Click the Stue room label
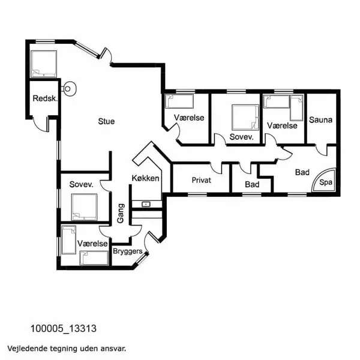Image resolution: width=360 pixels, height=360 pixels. pyautogui.click(x=106, y=121)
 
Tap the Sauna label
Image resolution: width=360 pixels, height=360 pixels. pyautogui.click(x=320, y=119)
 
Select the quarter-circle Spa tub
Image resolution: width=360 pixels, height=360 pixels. pyautogui.click(x=324, y=180)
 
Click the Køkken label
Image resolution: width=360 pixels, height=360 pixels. pyautogui.click(x=145, y=178)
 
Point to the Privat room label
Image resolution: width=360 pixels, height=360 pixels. pyautogui.click(x=202, y=180)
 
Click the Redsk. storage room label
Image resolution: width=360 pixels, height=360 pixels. pyautogui.click(x=45, y=98)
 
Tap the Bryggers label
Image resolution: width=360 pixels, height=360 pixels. pyautogui.click(x=128, y=251)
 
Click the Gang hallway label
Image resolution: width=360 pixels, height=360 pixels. pyautogui.click(x=121, y=213)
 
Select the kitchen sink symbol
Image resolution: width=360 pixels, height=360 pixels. pyautogui.click(x=146, y=204)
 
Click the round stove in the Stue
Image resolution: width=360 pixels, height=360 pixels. pyautogui.click(x=68, y=89)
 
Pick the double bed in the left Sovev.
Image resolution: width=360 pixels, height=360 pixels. pyautogui.click(x=84, y=207)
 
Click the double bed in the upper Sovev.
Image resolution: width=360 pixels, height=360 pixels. pyautogui.click(x=245, y=118)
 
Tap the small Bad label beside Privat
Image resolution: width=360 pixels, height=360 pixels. pyautogui.click(x=252, y=184)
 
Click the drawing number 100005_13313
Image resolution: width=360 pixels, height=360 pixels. pyautogui.click(x=64, y=329)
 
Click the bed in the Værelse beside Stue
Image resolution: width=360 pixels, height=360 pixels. pyautogui.click(x=179, y=101)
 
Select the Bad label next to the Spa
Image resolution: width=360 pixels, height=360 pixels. pyautogui.click(x=302, y=172)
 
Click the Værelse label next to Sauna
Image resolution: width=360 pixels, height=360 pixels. pyautogui.click(x=282, y=125)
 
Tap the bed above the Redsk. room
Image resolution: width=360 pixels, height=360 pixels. pyautogui.click(x=44, y=64)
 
